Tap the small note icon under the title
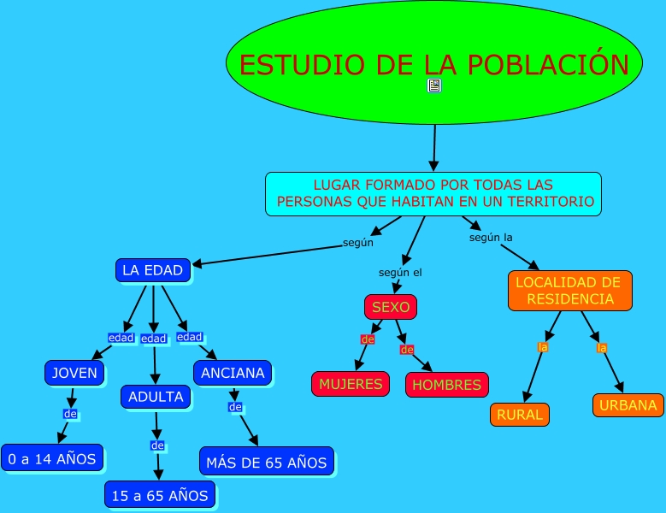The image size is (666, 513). click(434, 85)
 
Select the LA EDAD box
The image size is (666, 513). click(153, 270)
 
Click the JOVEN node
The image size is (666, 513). click(75, 373)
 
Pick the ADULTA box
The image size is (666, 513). click(156, 397)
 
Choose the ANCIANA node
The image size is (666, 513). click(233, 373)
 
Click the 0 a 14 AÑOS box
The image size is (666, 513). click(52, 458)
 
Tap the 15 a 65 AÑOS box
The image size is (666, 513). click(160, 495)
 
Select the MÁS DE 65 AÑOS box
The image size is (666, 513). click(267, 463)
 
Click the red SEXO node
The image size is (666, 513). click(391, 306)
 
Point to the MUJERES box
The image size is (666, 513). click(351, 384)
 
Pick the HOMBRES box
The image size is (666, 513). click(446, 385)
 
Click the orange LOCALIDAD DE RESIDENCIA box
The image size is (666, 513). click(569, 291)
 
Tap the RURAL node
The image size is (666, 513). click(519, 415)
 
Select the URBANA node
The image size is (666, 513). click(628, 405)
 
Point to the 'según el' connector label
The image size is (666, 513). click(400, 273)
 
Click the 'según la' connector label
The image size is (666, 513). click(491, 238)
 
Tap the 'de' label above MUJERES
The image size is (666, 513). click(368, 339)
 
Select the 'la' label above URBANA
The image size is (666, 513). click(602, 348)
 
